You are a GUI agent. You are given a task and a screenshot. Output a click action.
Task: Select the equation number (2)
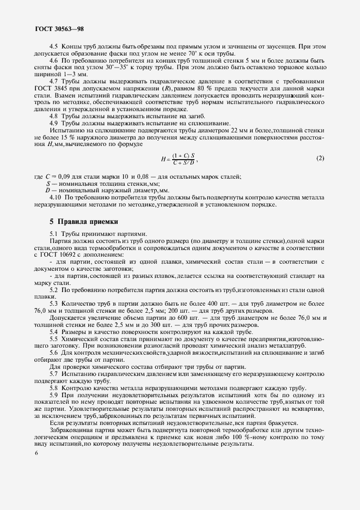[320, 158]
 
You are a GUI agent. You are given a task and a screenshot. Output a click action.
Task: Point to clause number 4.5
[54, 47]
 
